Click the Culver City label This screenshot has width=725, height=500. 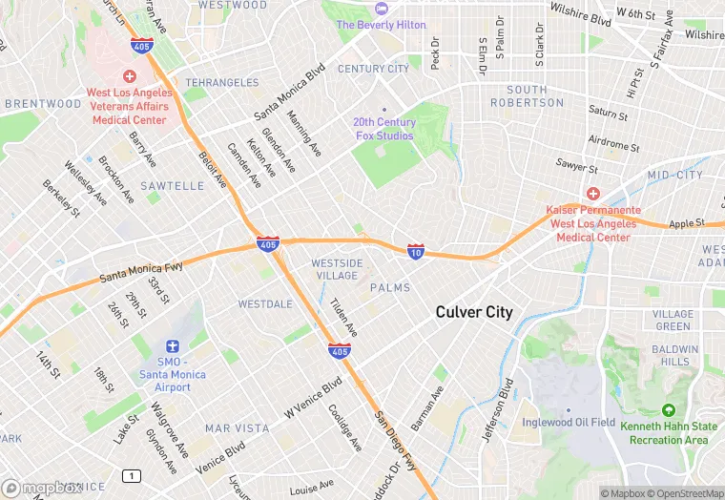point(474,312)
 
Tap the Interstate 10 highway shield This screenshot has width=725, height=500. point(416,251)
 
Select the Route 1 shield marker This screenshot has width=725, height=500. point(131,475)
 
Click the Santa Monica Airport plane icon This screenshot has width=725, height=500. point(172,346)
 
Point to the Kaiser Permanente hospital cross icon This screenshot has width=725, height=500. point(592,194)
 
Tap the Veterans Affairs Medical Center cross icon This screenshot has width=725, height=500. point(130,75)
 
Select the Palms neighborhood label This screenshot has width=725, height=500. point(389,287)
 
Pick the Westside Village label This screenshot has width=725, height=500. point(337,269)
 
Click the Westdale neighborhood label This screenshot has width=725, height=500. point(265,304)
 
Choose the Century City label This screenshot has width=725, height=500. point(373,69)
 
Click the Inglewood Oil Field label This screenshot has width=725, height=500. point(568,422)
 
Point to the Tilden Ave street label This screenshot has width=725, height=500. point(343,316)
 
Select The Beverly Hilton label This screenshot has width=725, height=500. point(381,24)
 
